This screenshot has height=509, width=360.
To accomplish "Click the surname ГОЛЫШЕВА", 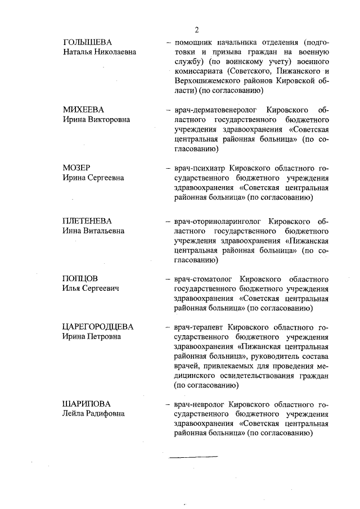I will [x=87, y=43].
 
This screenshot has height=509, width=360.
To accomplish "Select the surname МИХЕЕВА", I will [x=83, y=110].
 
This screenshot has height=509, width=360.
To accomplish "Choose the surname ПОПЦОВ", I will [x=80, y=279].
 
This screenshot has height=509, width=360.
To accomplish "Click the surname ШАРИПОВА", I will [x=87, y=404].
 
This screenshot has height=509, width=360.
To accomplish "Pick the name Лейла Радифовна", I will [x=93, y=414].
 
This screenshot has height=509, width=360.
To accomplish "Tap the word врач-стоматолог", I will [x=204, y=279].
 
